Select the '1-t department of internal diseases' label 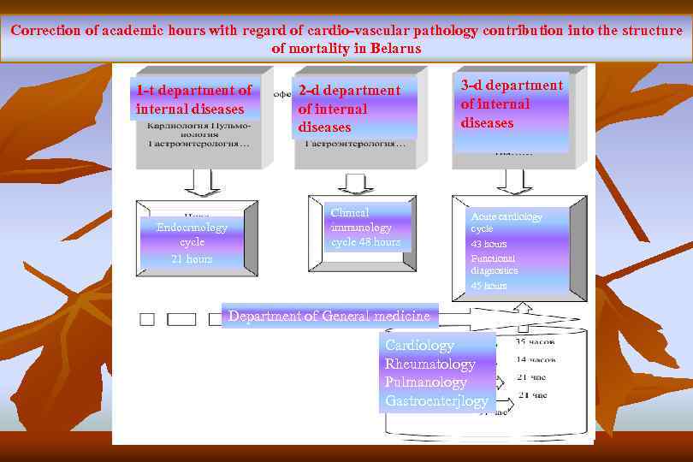193,99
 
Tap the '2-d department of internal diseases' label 349,109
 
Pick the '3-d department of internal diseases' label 512,104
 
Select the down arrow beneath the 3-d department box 513,181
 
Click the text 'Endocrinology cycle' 192,234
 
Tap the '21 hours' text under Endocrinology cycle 192,258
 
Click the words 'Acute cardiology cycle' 506,222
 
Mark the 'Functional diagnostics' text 495,264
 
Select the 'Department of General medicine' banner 329,316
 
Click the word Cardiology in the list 419,345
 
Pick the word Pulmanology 426,382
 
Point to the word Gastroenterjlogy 436,400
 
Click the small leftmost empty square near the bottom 147,319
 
